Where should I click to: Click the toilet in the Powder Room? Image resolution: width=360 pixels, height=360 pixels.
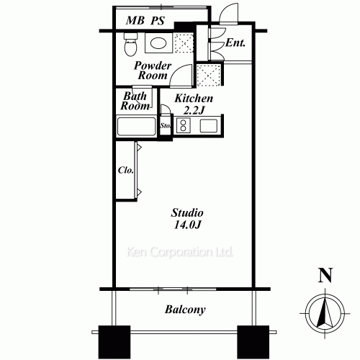(130, 45)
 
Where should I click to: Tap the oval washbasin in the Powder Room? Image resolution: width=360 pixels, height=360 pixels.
(158, 45)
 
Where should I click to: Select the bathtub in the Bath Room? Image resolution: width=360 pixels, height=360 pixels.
(137, 126)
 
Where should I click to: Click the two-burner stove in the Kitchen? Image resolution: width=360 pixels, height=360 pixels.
(183, 126)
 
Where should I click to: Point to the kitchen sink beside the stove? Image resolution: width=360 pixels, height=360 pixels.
(210, 126)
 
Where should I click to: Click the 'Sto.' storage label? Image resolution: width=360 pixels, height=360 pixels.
(165, 126)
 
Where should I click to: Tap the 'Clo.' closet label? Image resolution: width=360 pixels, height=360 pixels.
(124, 171)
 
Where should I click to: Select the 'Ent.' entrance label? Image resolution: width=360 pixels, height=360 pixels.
(235, 43)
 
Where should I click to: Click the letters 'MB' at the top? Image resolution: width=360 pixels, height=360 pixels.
(135, 20)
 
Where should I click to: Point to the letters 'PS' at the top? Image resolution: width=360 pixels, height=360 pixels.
(158, 20)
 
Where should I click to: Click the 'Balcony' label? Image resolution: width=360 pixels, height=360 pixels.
(185, 310)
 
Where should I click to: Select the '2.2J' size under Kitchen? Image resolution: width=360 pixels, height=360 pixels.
(194, 110)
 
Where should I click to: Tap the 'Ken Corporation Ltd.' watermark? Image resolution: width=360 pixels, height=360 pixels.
(179, 253)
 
